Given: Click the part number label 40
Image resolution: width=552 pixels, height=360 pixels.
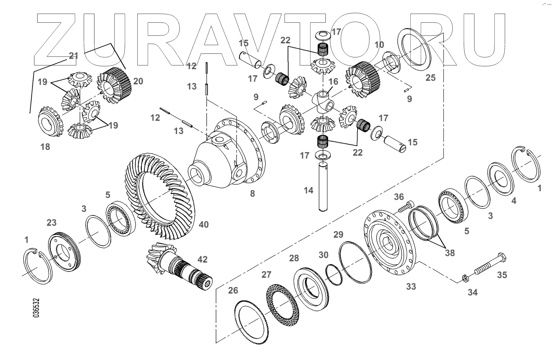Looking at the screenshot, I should pyautogui.click(x=204, y=224).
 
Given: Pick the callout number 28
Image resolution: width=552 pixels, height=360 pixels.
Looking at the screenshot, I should pyautogui.click(x=294, y=258).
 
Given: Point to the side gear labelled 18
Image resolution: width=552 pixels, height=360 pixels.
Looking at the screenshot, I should pyautogui.click(x=50, y=122).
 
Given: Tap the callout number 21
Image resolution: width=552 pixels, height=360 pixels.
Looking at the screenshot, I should pyautogui.click(x=74, y=56).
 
